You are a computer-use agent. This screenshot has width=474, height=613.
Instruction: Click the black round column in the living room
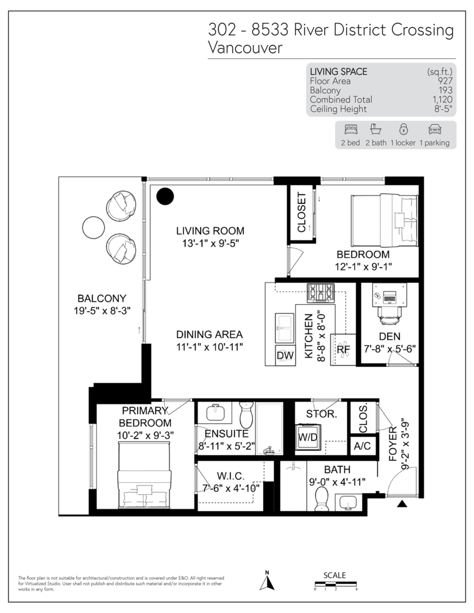[165, 196]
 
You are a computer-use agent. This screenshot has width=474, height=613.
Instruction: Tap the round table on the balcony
[94, 227]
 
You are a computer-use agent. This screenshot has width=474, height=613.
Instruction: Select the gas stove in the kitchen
[321, 293]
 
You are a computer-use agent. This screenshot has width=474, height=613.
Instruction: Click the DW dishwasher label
[285, 356]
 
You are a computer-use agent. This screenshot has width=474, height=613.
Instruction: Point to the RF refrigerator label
[343, 349]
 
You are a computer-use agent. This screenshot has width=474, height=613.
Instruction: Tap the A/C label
[362, 446]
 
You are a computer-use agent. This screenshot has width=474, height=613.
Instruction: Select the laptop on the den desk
[390, 298]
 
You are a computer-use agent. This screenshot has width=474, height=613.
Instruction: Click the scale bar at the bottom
[335, 584]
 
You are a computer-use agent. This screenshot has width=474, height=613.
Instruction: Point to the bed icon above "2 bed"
[351, 129]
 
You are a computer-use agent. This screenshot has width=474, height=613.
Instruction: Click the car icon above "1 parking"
[435, 129]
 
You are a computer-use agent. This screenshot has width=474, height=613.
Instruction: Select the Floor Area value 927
[445, 81]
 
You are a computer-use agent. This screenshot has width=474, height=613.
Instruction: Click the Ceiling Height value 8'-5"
[443, 109]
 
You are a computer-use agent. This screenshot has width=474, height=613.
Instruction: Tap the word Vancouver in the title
[245, 48]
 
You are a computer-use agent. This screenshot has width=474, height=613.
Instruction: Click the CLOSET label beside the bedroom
[302, 213]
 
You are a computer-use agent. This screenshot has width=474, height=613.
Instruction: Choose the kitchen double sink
[285, 328]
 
